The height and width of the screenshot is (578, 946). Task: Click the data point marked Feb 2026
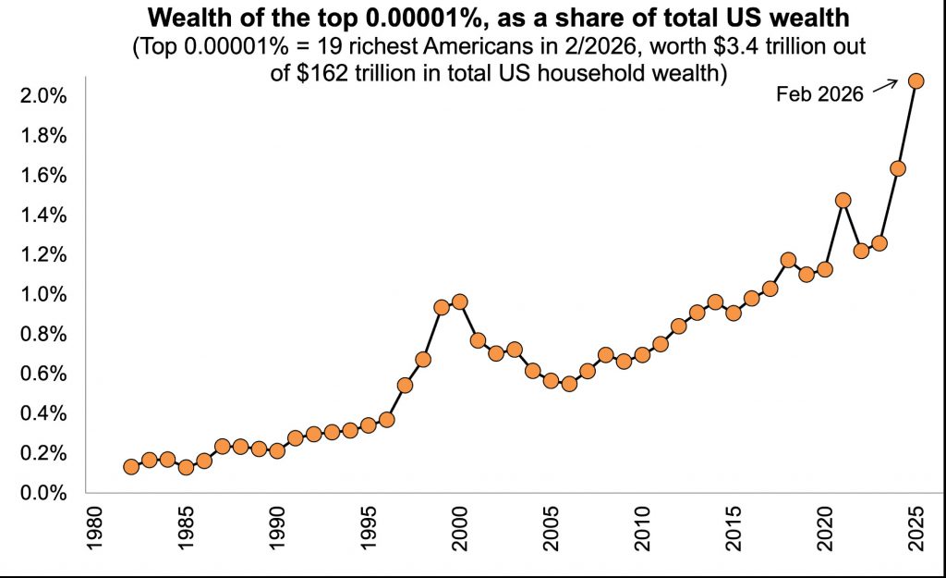click(x=916, y=80)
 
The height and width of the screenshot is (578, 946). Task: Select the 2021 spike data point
click(x=843, y=200)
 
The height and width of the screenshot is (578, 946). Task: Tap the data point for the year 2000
click(x=459, y=301)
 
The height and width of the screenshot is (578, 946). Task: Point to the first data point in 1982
click(x=131, y=467)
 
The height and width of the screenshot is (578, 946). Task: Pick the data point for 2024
click(x=897, y=168)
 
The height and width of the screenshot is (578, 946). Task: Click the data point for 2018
click(x=788, y=260)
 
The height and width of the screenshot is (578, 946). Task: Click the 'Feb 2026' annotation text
click(x=819, y=93)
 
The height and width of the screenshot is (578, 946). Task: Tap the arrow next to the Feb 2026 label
click(x=885, y=86)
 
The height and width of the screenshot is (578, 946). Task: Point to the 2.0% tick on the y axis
click(x=45, y=96)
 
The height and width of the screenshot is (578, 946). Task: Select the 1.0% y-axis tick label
click(x=45, y=295)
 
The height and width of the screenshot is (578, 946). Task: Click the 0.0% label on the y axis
click(x=45, y=494)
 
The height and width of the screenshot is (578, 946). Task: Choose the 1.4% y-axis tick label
click(x=45, y=215)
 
